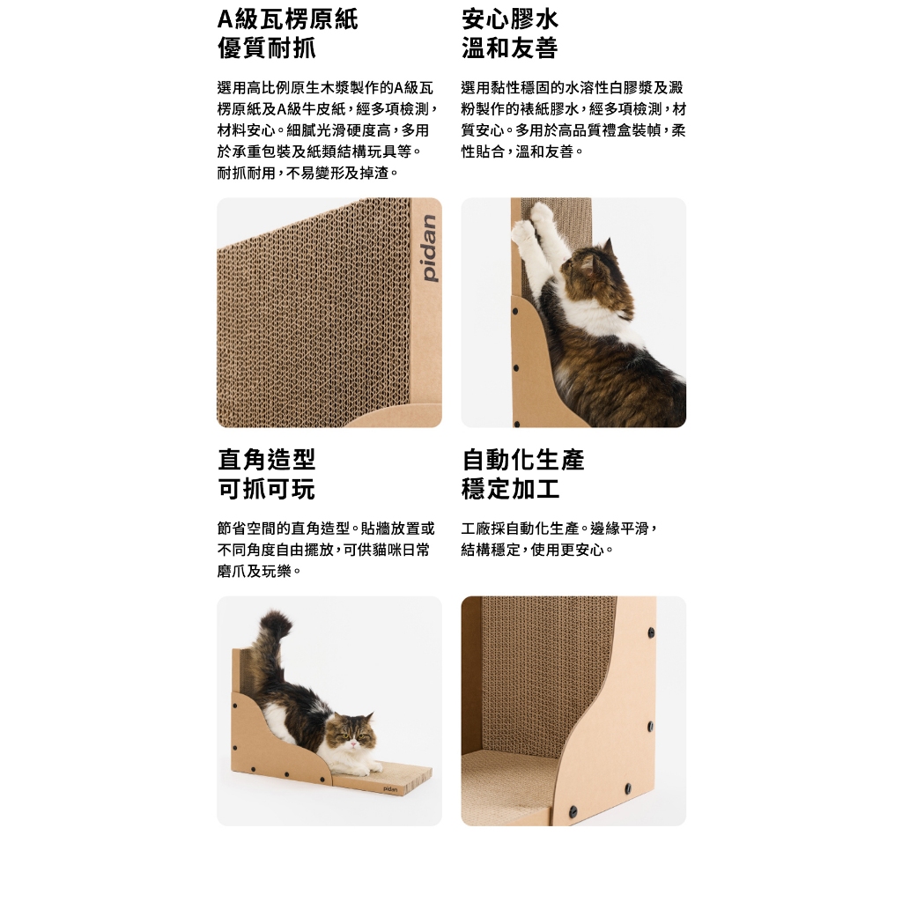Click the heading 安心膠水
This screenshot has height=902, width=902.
(510, 18)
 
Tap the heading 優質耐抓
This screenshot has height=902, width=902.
(266, 48)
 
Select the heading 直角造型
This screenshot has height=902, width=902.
(266, 459)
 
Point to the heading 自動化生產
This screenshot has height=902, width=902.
(522, 459)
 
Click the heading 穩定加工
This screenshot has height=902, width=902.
(510, 489)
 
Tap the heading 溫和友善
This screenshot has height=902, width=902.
(510, 48)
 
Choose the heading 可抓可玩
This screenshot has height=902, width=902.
(266, 489)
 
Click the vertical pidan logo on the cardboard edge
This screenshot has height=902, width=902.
(429, 248)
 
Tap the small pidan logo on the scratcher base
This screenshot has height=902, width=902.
(390, 789)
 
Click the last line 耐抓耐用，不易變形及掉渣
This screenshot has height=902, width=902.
(307, 173)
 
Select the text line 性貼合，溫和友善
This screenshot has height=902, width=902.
(522, 152)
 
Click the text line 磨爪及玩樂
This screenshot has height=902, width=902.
(260, 571)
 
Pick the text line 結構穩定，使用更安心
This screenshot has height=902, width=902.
(537, 550)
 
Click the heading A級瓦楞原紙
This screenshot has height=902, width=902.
(288, 18)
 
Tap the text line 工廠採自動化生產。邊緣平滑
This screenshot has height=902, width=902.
(558, 529)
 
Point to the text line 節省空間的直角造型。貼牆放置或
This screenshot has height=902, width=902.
(326, 529)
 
